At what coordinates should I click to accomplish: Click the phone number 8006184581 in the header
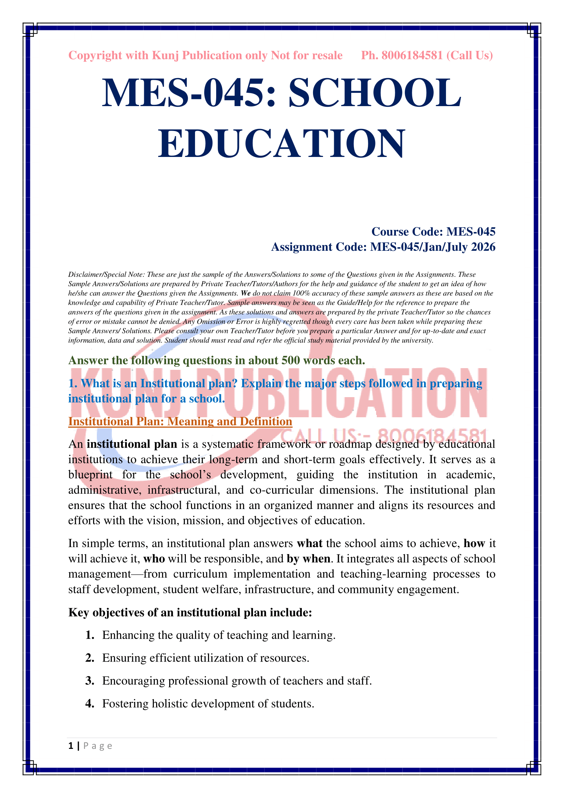tap(412, 56)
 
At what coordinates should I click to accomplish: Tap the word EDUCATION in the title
tap(282, 144)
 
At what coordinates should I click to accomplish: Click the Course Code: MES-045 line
tap(433, 231)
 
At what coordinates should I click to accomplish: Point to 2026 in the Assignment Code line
tap(483, 247)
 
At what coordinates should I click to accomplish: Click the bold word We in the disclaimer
tap(246, 293)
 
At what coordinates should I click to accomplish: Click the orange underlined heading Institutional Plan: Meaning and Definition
tap(180, 421)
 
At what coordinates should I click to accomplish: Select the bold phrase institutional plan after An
tap(132, 444)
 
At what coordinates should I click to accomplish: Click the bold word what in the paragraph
tap(309, 543)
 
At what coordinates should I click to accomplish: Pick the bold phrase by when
tap(308, 558)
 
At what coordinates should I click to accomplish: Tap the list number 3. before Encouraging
tap(90, 681)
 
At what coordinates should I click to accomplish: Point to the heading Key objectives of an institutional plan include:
tap(190, 612)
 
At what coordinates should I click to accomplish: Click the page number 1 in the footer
tap(71, 746)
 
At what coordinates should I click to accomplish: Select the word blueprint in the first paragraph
tap(90, 475)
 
